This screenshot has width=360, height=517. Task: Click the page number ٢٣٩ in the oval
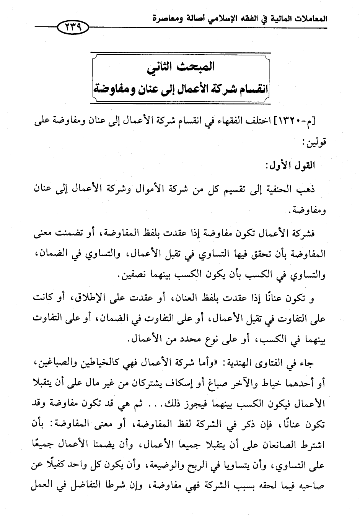pos(72,27)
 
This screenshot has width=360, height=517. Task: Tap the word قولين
pos(316,142)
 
